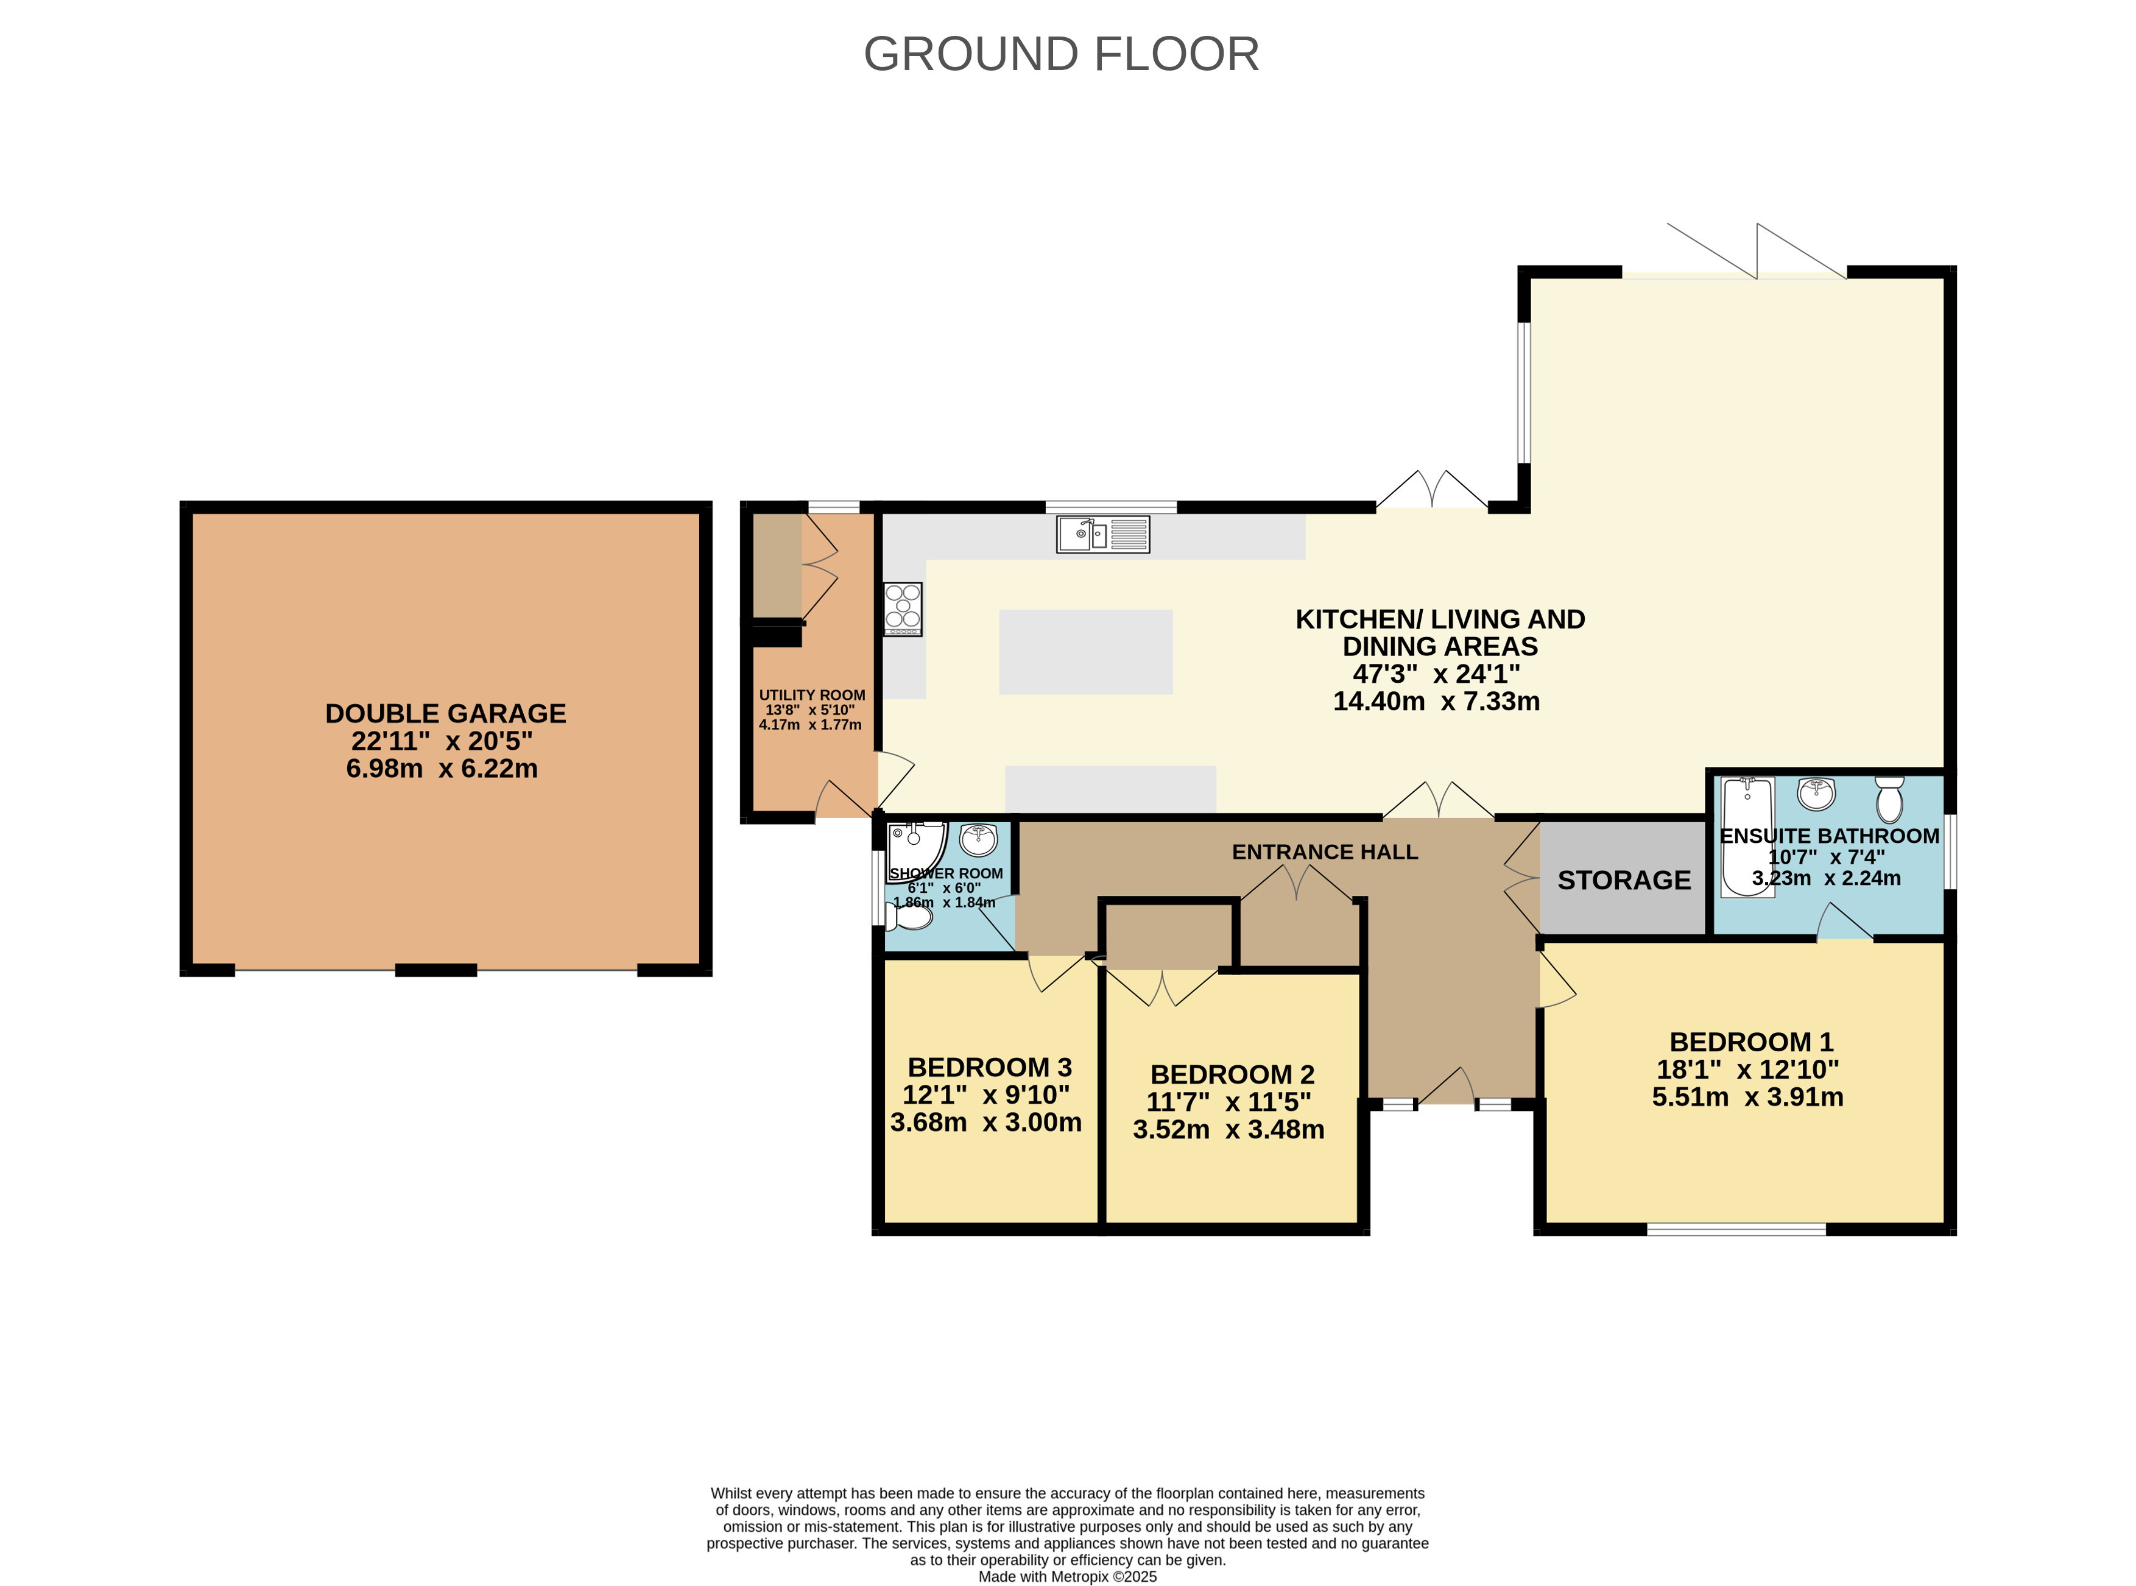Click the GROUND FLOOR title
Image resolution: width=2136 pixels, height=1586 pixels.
coord(1061,54)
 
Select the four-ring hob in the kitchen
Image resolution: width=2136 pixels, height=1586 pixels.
coord(903,610)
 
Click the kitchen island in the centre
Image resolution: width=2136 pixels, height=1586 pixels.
coord(1086,652)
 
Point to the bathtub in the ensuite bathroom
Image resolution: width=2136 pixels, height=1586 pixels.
coord(1747,836)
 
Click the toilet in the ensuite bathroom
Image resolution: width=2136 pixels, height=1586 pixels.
coord(1889,798)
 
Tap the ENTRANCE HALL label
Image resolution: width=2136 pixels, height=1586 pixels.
coord(1325,851)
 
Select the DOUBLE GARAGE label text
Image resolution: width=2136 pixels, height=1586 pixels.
coord(445,713)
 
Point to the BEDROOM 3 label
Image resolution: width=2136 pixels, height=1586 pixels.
coord(990,1068)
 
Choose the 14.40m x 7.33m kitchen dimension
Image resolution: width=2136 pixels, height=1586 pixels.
coord(1436,701)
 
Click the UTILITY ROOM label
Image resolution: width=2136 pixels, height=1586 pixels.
coord(812,695)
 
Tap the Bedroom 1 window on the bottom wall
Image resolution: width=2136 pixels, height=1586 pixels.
coord(1736,1230)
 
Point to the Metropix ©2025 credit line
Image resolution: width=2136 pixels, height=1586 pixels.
coord(1068,1576)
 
